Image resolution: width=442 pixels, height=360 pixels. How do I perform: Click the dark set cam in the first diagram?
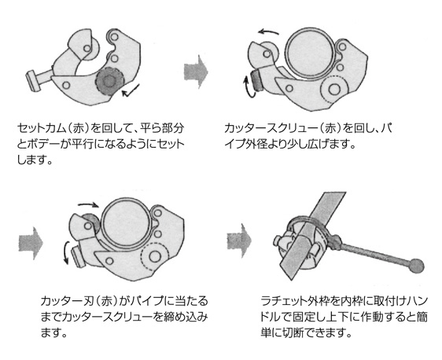coord(109,82)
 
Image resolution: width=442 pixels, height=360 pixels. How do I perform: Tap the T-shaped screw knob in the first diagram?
coord(39,79)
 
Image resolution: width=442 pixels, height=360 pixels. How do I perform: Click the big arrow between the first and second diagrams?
coord(196,72)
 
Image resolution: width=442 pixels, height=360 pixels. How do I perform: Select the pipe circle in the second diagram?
coord(311,53)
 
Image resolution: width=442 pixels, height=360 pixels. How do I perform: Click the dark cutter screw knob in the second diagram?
coord(257,80)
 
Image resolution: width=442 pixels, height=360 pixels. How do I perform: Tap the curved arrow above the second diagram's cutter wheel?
coord(269,31)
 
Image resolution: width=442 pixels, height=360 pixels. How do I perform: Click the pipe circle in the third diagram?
coord(126,222)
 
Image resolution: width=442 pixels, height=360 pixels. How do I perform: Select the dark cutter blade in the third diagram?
coord(90,222)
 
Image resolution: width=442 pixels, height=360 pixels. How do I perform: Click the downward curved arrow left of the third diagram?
coord(66,252)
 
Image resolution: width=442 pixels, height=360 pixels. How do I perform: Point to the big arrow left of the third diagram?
coord(31,243)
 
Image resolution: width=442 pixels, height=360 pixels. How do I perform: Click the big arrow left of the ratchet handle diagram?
coord(239,241)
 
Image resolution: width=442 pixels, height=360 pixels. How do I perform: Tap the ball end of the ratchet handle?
coord(416,266)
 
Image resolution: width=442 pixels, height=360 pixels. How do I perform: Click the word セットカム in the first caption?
coord(42,128)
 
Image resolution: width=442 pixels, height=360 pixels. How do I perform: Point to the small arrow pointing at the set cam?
coord(131,90)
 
